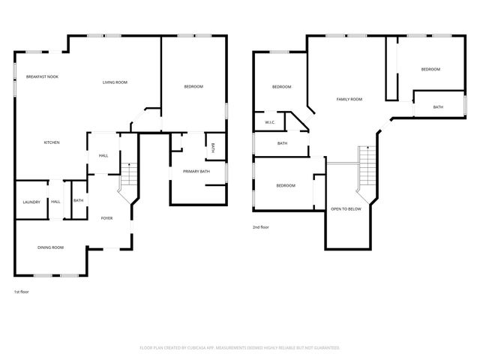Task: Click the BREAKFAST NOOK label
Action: tap(42, 76)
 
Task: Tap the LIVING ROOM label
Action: tap(115, 82)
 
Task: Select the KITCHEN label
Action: tap(52, 142)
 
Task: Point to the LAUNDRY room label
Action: tap(31, 201)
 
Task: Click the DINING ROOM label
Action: tap(51, 247)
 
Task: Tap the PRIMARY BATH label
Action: tap(196, 172)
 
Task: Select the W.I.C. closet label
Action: tap(270, 122)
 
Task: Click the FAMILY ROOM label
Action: tap(349, 99)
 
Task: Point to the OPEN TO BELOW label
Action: tap(346, 209)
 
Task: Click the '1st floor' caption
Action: tap(22, 291)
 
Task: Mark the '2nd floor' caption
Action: tap(261, 226)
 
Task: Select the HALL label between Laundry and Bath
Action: tap(55, 201)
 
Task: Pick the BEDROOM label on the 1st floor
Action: tap(193, 87)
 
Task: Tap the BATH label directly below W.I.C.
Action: tap(282, 143)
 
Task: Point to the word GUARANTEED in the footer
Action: tap(323, 348)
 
